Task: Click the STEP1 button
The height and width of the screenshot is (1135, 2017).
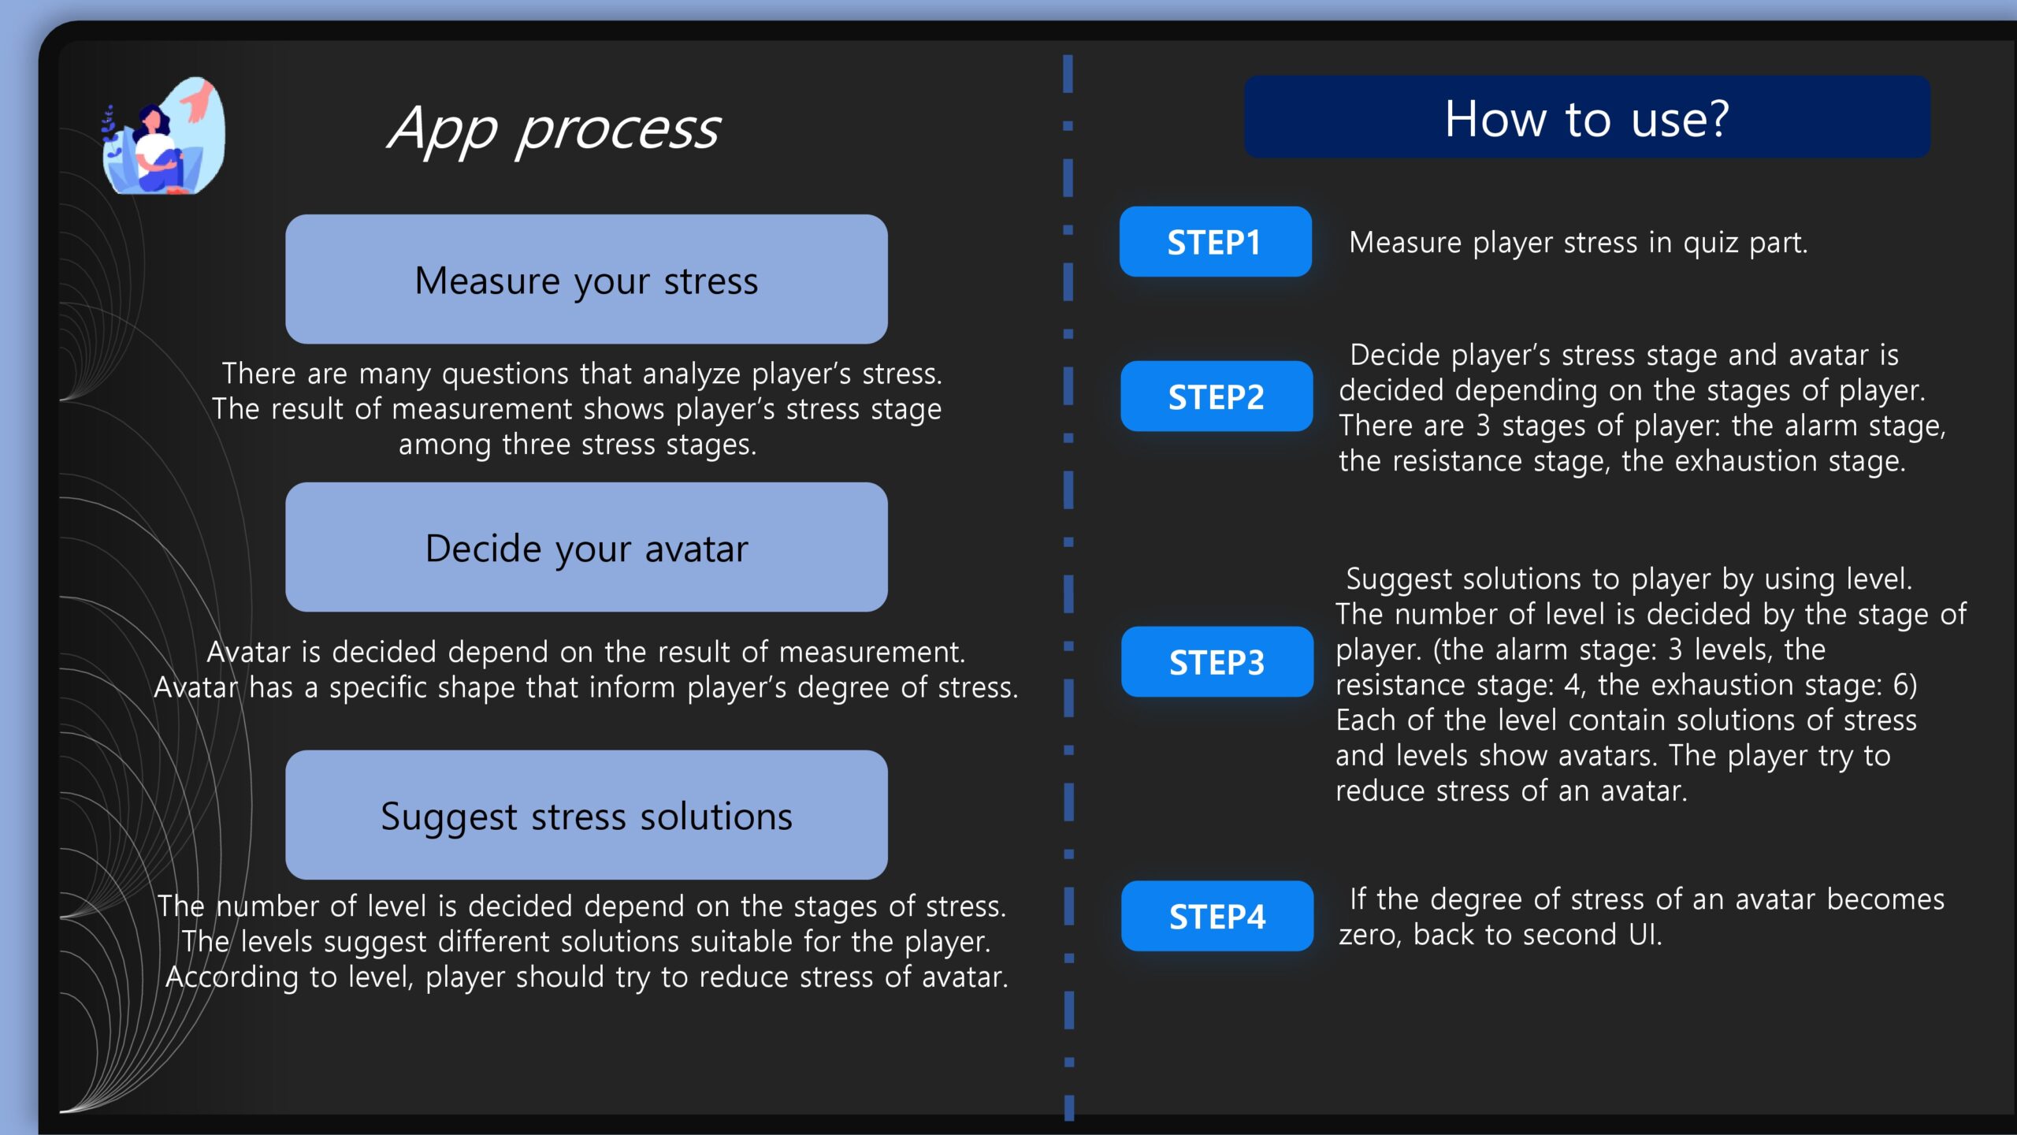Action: [x=1215, y=241]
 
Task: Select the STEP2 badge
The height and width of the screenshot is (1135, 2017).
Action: [x=1217, y=396]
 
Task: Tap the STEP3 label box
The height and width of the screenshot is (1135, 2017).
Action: [x=1217, y=661]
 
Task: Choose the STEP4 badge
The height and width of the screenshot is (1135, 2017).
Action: [x=1217, y=916]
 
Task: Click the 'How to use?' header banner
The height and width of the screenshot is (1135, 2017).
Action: [x=1587, y=117]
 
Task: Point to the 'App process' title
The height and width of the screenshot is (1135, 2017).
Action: [x=554, y=128]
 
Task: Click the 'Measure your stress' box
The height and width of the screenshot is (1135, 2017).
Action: [x=586, y=279]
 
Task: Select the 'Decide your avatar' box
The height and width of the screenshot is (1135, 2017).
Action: [x=586, y=547]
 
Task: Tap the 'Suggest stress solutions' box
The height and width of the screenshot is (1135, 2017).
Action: [x=586, y=815]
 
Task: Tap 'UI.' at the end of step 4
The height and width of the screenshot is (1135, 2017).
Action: [x=1645, y=934]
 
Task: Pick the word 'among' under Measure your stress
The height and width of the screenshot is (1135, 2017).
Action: [x=444, y=445]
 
